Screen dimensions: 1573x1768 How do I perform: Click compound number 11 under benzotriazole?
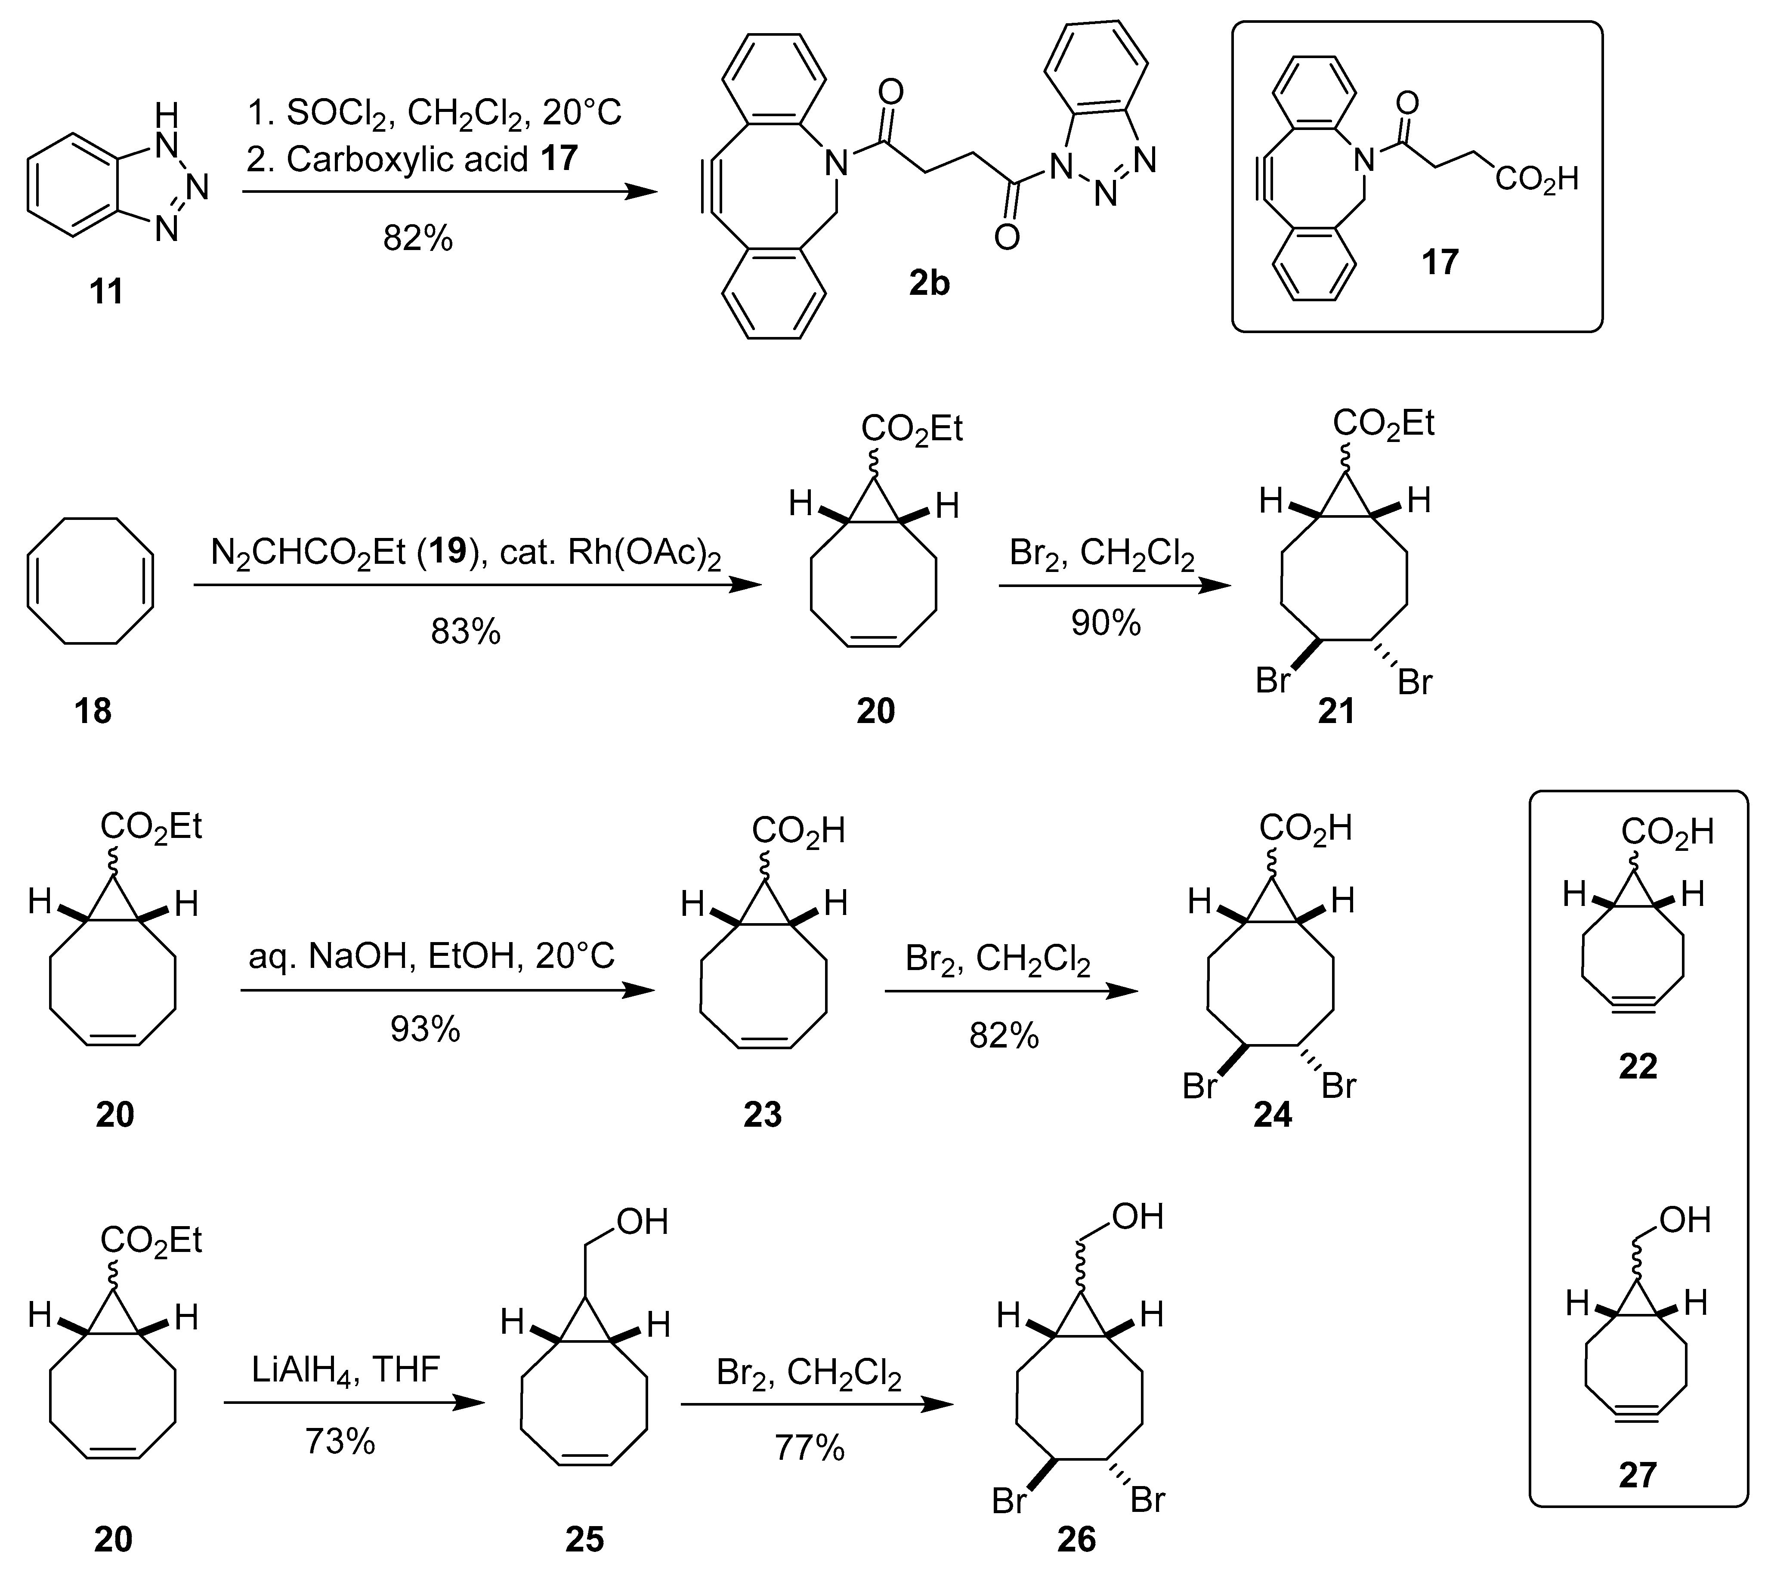[106, 291]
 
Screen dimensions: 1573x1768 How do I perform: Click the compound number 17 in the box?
[1440, 261]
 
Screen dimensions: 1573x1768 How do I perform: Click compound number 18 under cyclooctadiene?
[93, 711]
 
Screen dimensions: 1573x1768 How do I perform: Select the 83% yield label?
[465, 632]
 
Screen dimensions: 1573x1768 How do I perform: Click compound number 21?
[1336, 711]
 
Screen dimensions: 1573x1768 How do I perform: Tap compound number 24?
[1272, 1115]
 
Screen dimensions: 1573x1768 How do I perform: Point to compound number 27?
[1638, 1475]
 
